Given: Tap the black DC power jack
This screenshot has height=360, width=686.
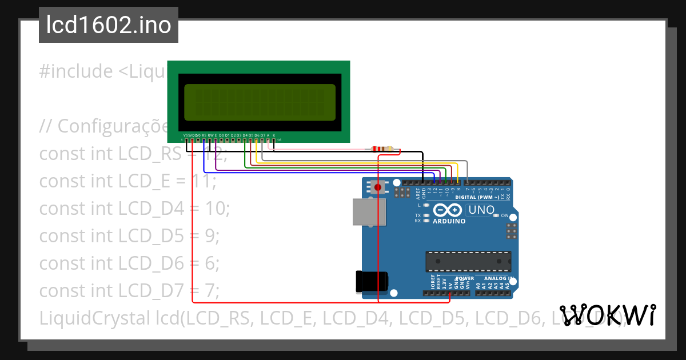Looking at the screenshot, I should click(x=372, y=281).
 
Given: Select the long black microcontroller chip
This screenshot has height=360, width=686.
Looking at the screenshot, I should click(x=468, y=261).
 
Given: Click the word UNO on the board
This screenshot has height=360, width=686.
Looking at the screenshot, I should click(x=481, y=210).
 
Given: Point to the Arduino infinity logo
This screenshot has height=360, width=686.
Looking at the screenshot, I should click(x=448, y=210).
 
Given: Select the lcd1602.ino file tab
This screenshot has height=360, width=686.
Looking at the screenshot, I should click(x=109, y=26).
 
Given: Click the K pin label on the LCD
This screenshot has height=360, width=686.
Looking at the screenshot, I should click(x=274, y=135).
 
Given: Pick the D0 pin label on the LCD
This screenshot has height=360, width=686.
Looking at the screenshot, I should click(x=221, y=135).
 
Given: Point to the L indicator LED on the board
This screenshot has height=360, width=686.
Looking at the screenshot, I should click(x=426, y=205).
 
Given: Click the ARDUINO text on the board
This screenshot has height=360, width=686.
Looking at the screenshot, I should click(x=449, y=221).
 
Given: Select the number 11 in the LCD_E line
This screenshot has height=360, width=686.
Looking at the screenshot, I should click(x=205, y=181).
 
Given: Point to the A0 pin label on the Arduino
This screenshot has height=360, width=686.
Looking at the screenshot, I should click(x=478, y=283).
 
